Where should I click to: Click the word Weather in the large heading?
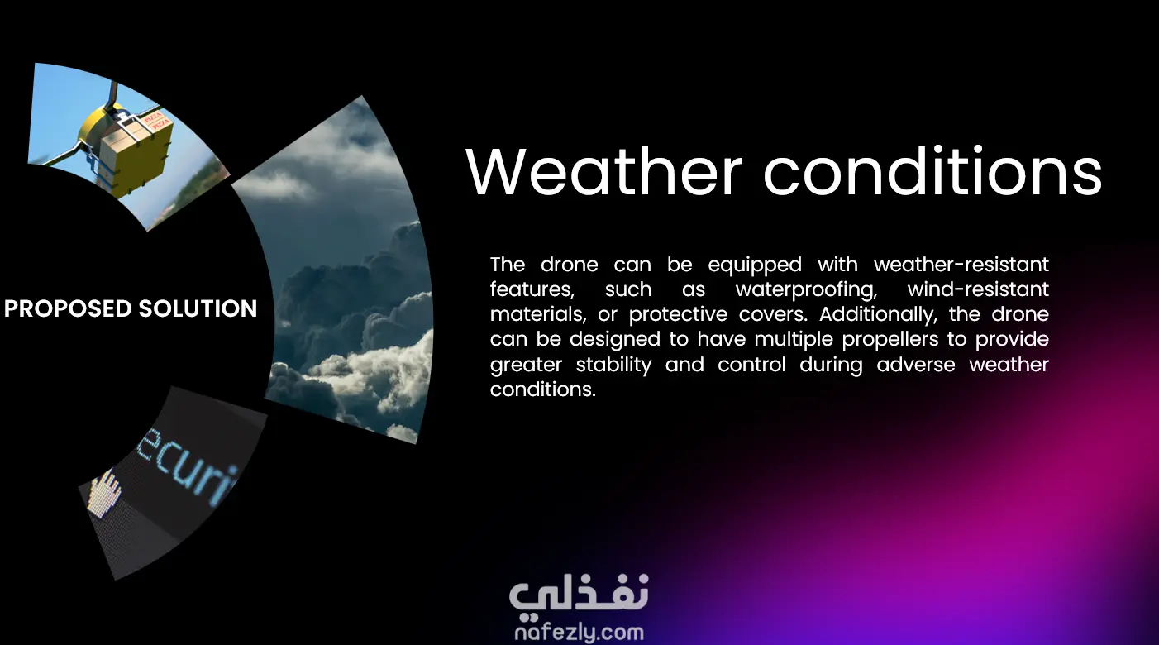(603, 171)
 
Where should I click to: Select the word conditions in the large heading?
(932, 171)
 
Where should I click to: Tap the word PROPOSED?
(68, 308)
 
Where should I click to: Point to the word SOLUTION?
(198, 308)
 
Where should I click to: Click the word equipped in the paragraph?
(755, 265)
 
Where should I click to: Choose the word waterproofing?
(806, 290)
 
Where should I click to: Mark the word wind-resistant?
(978, 289)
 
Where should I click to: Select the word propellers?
(890, 340)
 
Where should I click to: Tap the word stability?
(613, 365)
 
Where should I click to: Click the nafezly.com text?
(579, 633)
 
